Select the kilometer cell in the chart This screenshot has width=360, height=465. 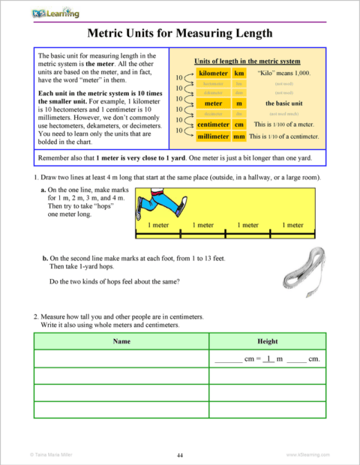(214, 74)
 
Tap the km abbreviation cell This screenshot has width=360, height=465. (240, 74)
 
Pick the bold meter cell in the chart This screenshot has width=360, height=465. (214, 103)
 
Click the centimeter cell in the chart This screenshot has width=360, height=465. (213, 124)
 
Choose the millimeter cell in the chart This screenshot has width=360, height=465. (213, 136)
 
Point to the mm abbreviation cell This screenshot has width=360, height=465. (240, 136)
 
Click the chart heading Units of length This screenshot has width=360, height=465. (247, 60)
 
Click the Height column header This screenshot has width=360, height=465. (267, 341)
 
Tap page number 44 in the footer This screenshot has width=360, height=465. (180, 455)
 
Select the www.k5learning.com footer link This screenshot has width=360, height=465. (308, 455)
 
